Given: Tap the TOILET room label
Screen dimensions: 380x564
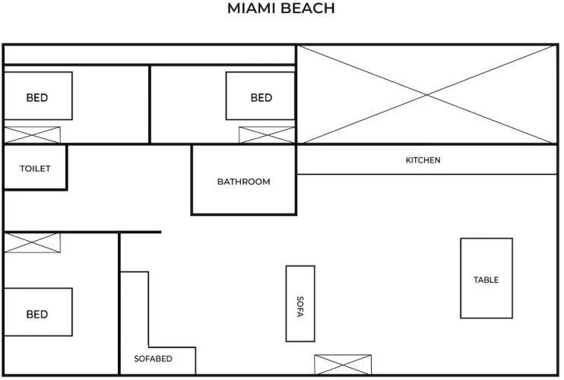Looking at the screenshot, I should pyautogui.click(x=35, y=169).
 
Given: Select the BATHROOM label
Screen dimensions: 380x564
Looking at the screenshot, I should pyautogui.click(x=243, y=182).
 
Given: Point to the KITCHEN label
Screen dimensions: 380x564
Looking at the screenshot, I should pyautogui.click(x=423, y=160).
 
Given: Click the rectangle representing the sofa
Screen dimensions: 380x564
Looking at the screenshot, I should pyautogui.click(x=300, y=303).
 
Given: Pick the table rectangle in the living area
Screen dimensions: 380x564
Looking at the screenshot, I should pyautogui.click(x=486, y=278).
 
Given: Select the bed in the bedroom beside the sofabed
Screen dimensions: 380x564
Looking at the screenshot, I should pyautogui.click(x=38, y=312).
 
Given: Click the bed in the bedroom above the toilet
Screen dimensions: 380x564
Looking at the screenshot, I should pyautogui.click(x=38, y=96).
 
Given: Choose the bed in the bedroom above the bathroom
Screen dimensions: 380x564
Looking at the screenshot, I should pyautogui.click(x=260, y=96).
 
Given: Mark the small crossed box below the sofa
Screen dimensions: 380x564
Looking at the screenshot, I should pyautogui.click(x=343, y=365).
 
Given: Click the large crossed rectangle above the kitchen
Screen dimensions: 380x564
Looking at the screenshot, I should pyautogui.click(x=426, y=94).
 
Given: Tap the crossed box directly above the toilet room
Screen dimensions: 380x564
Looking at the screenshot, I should pyautogui.click(x=32, y=135).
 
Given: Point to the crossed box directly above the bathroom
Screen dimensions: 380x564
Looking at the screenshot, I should pyautogui.click(x=266, y=135).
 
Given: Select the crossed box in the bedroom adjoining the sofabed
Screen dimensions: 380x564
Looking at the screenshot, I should pyautogui.click(x=32, y=243).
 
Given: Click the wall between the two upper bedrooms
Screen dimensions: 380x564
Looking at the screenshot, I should pyautogui.click(x=150, y=105).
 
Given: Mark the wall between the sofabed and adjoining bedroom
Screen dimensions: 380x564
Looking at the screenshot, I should pyautogui.click(x=119, y=304).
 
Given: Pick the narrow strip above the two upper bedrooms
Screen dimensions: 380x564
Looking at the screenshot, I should pyautogui.click(x=150, y=55).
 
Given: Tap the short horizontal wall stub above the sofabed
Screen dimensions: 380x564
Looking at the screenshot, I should pyautogui.click(x=140, y=232).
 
